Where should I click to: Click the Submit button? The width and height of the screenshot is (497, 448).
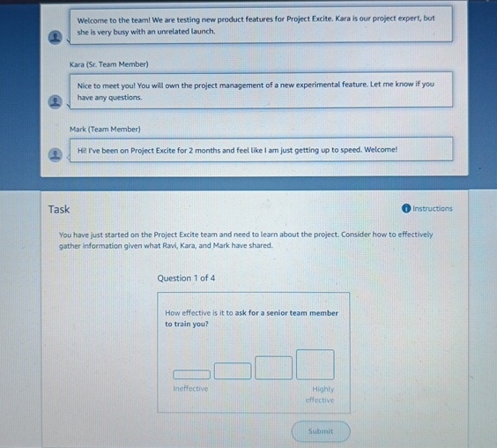coord(321,431)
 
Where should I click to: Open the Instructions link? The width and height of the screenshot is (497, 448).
coord(432,209)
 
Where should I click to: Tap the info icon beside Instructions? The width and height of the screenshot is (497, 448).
coord(405,209)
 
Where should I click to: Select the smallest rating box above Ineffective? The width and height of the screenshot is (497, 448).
coord(191,374)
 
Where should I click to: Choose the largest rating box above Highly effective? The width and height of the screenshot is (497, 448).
coord(315,364)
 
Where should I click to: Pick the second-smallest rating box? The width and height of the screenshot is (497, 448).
coord(233,370)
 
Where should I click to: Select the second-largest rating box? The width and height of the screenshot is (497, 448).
coord(273,367)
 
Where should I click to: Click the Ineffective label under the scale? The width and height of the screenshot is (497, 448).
coord(190,389)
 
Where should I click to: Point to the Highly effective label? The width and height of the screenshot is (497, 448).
coord(321,394)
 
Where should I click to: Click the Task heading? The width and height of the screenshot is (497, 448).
coord(59,209)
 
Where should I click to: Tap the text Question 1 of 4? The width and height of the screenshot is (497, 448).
coord(186,279)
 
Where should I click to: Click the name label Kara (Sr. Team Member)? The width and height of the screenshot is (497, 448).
coord(109,64)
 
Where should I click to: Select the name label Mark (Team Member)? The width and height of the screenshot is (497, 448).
coord(106,130)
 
